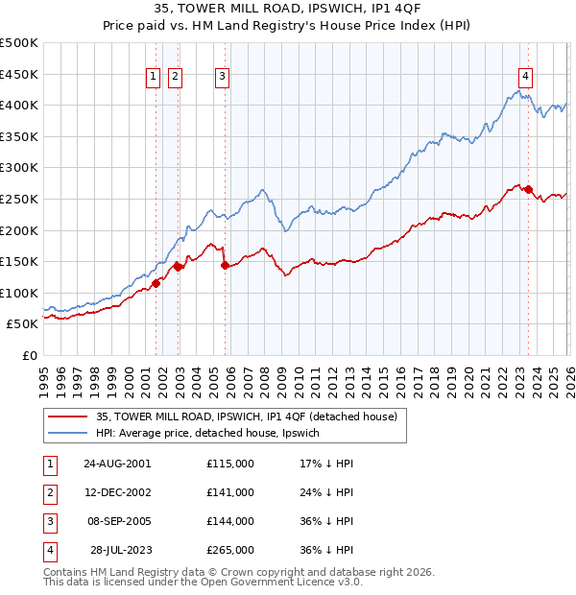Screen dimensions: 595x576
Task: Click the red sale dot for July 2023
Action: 528,190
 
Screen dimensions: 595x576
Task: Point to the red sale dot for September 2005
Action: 225,265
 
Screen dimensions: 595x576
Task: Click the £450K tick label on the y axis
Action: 19,74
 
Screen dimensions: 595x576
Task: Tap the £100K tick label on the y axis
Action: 19,293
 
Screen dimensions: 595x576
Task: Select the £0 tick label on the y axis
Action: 30,355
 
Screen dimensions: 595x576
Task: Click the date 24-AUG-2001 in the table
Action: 117,463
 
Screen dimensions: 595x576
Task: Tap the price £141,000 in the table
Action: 230,492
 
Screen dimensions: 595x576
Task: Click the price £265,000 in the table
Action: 230,551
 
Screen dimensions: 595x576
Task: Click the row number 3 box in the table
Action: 49,522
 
